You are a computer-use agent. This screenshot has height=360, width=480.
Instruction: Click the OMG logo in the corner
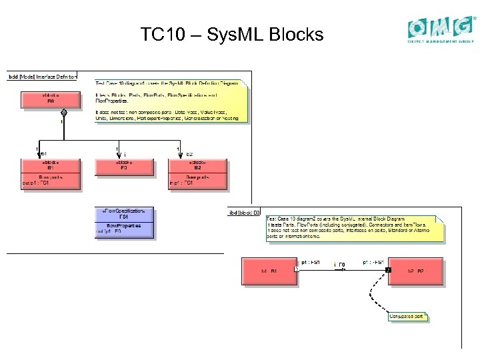point(442,29)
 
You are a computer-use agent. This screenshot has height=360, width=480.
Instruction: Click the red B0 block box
point(50,99)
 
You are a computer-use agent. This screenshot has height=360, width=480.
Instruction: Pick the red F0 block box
point(124,169)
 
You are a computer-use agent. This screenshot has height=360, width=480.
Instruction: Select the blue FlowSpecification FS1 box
point(124,223)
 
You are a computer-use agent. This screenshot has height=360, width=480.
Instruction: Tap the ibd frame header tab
point(244,212)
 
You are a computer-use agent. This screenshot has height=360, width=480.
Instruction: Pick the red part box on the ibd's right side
point(415,271)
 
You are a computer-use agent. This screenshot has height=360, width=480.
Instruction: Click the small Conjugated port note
point(407,316)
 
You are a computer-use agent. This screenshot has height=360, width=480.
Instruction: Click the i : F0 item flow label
point(339,265)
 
